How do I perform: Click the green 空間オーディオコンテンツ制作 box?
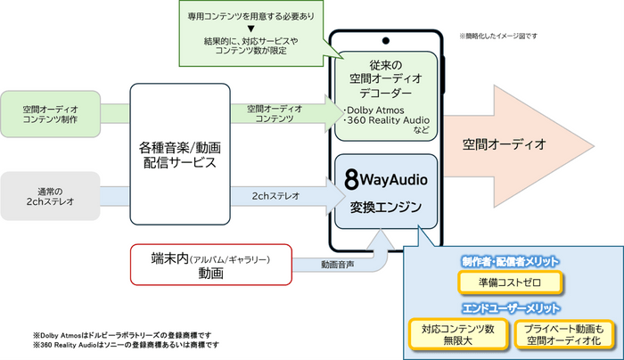(50, 114)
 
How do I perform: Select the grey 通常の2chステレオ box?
(50, 196)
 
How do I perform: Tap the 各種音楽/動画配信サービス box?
(180, 154)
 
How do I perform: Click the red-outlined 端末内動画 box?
(211, 265)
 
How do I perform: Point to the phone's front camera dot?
(385, 41)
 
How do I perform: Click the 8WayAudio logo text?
(386, 179)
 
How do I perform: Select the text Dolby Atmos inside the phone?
(375, 110)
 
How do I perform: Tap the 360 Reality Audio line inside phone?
(388, 120)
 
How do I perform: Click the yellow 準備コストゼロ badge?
(510, 282)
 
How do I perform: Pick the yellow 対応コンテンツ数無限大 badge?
(458, 334)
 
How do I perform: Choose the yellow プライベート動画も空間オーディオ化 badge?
(564, 334)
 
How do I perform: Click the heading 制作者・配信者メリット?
(510, 261)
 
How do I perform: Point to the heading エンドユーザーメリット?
(511, 308)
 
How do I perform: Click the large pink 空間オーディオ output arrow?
(517, 146)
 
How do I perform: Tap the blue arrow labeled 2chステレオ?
(287, 196)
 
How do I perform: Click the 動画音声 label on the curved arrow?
(338, 265)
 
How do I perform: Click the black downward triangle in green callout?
(250, 29)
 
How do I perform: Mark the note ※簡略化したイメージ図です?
(498, 36)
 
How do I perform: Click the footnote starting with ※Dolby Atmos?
(122, 335)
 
